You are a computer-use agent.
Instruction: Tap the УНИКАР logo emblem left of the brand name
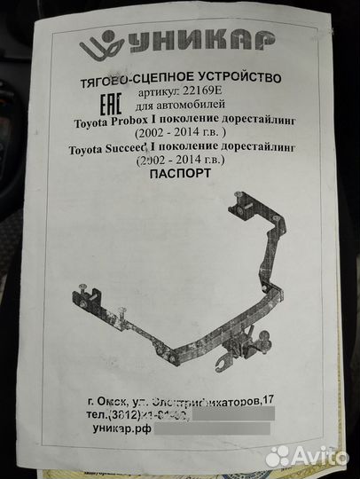tap(95, 44)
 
